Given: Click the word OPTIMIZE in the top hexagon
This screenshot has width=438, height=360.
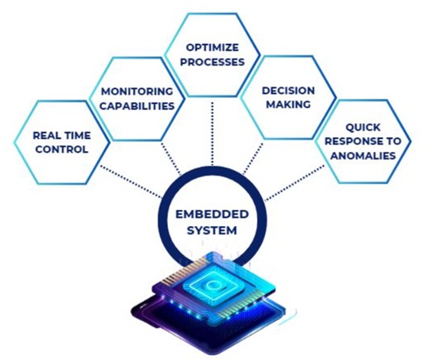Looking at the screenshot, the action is point(212,47).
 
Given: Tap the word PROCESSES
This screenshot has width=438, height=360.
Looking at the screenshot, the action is point(212,62).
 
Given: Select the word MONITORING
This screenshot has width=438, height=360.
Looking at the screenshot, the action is point(137,91).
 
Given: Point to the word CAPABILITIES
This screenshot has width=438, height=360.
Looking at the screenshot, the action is point(137,106).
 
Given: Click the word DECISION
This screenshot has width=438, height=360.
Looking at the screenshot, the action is point(288,91).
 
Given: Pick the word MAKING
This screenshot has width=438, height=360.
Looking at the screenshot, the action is point(288,104).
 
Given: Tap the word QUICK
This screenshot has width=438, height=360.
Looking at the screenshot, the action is point(363,127).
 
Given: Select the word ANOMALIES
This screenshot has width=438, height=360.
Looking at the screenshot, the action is point(363,156).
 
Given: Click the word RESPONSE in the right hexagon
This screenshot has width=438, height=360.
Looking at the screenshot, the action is point(353,141).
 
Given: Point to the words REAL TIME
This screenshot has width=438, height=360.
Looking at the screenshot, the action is point(62,136).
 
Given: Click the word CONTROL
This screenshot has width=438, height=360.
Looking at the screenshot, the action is point(62,149).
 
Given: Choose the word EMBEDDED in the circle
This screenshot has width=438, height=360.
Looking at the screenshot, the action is point(212,215).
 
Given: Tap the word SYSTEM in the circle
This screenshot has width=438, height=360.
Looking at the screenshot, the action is point(212,231).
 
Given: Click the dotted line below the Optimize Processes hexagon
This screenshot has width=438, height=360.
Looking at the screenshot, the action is point(212,134).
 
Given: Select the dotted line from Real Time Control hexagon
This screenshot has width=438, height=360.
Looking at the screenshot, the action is point(131,182).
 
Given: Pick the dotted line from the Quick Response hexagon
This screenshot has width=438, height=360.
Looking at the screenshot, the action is point(294,183).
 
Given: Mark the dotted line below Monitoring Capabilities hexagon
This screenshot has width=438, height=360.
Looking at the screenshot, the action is point(171,159).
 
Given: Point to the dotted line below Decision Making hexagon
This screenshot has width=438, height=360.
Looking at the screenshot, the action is point(253,158).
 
